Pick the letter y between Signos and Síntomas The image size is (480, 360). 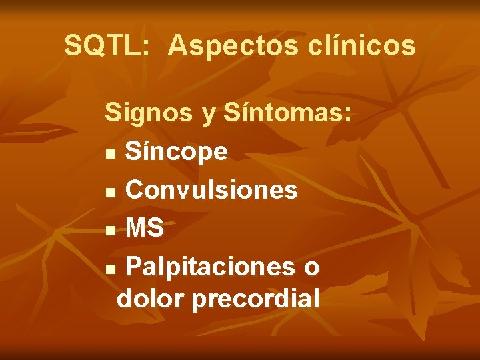209,116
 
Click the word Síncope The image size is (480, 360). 177,153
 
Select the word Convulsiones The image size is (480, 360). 211,191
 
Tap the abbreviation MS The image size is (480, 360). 145,229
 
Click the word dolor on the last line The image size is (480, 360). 150,298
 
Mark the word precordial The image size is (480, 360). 255,298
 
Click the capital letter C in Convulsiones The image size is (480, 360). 135,191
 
